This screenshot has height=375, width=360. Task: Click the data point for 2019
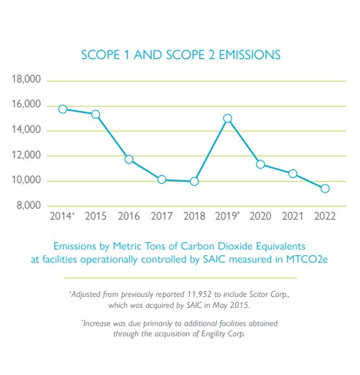[228, 118]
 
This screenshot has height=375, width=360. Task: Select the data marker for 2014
[63, 109]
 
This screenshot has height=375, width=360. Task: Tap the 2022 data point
[325, 188]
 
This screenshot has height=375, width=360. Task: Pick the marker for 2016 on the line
[129, 160]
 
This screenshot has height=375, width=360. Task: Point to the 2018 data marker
[194, 182]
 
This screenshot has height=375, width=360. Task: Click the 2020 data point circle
[261, 164]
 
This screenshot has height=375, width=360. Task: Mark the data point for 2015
[96, 115]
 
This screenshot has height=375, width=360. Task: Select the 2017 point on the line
[161, 179]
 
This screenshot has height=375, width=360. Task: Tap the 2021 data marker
[293, 174]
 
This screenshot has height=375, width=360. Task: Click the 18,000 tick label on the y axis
[26, 80]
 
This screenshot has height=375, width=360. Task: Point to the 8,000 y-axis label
[28, 206]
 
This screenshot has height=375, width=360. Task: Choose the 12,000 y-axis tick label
[26, 155]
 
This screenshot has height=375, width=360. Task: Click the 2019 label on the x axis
[226, 216]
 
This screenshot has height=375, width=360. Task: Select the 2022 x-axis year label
[325, 216]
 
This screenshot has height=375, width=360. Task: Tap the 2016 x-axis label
[129, 216]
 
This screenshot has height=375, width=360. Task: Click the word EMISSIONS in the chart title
[250, 55]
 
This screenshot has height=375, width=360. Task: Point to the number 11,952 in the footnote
[199, 294]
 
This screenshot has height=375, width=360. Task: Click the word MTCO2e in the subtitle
[307, 259]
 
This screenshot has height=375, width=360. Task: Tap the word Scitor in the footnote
[258, 294]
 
